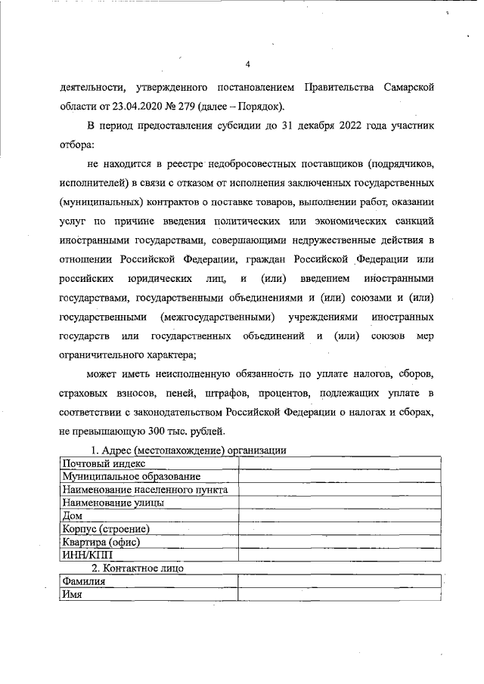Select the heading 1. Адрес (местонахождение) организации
click(188, 450)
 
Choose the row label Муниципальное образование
click(132, 476)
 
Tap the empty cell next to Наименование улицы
click(340, 503)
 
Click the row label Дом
click(73, 515)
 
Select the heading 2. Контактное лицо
click(138, 568)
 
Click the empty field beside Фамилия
click(340, 581)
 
